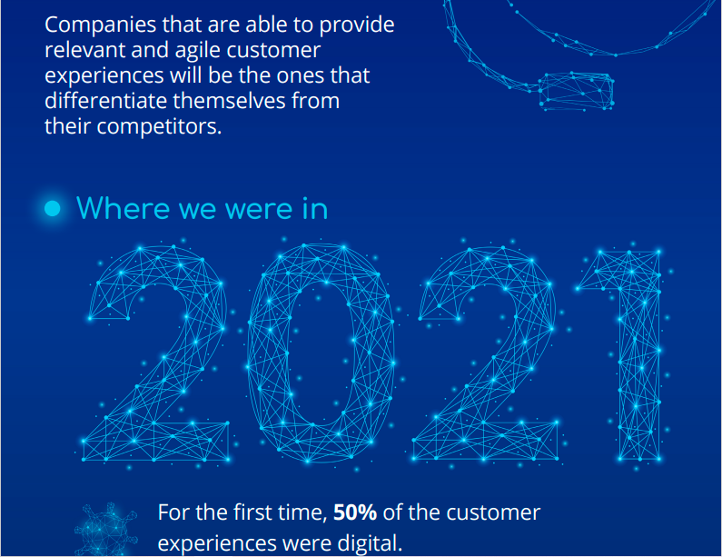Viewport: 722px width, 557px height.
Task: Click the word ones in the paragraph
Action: pyautogui.click(x=300, y=76)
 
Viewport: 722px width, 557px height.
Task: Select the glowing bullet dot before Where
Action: pyautogui.click(x=53, y=208)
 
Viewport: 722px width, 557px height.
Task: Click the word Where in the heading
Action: pyautogui.click(x=123, y=208)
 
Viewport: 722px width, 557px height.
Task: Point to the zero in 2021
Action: pyautogui.click(x=321, y=353)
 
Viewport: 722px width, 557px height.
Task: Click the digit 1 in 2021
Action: pyautogui.click(x=639, y=354)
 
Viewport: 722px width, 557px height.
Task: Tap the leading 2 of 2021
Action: pyautogui.click(x=156, y=353)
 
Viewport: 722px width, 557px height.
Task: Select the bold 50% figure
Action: pyautogui.click(x=355, y=512)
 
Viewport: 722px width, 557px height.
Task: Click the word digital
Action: pyautogui.click(x=370, y=542)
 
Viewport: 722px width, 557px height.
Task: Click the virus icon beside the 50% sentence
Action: pyautogui.click(x=106, y=530)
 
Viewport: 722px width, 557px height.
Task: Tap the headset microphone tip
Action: pyautogui.click(x=576, y=91)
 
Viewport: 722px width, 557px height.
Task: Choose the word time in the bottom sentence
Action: pyautogui.click(x=302, y=512)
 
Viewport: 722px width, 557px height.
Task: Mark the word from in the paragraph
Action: pyautogui.click(x=316, y=101)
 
